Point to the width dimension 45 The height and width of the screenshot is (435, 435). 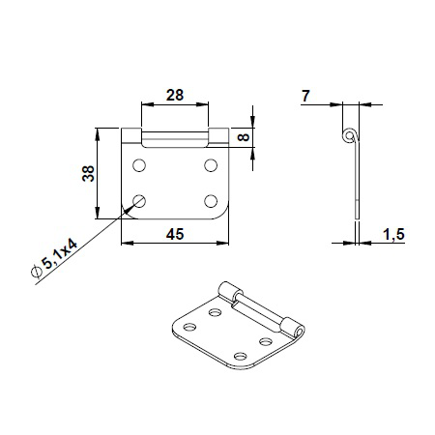click(x=174, y=232)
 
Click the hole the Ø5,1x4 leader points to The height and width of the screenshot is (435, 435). click(x=140, y=201)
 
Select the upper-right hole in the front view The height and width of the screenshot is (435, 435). click(x=211, y=166)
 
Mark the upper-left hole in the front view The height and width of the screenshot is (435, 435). click(x=140, y=166)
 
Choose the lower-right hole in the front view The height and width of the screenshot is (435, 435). click(x=211, y=201)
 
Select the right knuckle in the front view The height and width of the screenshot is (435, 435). click(x=217, y=136)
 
